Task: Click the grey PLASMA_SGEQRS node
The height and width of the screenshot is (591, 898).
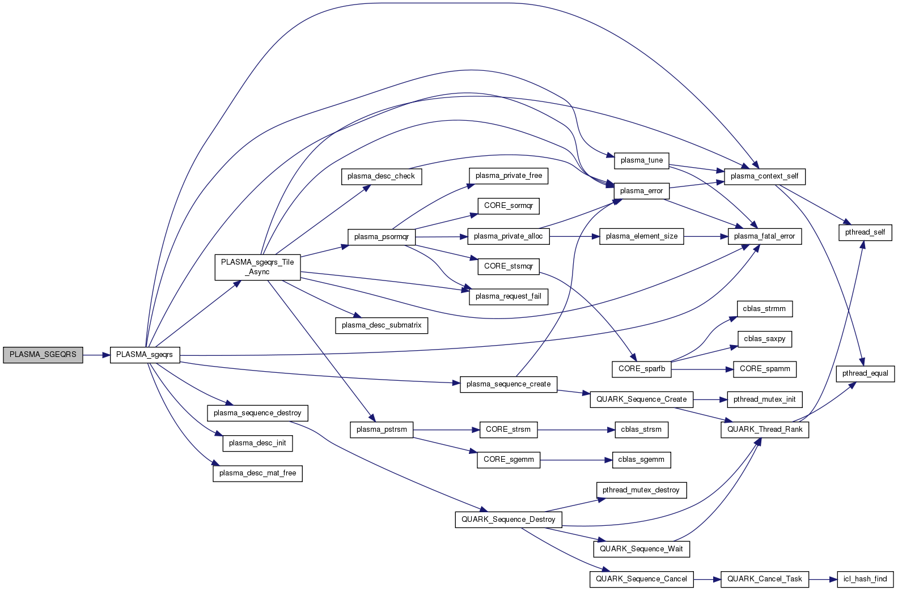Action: click(43, 355)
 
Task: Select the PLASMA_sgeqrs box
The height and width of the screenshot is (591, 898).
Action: click(145, 355)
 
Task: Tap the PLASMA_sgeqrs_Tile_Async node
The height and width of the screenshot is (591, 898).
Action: click(257, 267)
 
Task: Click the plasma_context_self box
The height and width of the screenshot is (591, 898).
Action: click(764, 176)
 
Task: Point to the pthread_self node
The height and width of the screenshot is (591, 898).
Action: click(865, 232)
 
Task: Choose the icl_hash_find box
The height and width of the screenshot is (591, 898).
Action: click(865, 579)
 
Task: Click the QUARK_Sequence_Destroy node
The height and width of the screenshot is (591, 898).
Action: click(509, 520)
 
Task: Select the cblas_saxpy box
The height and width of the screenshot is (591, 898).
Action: click(765, 339)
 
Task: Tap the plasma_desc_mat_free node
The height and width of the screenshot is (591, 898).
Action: click(257, 473)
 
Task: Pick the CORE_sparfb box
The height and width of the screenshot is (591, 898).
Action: click(642, 369)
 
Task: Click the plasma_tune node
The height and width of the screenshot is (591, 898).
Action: click(642, 160)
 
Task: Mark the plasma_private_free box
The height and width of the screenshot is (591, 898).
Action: click(509, 176)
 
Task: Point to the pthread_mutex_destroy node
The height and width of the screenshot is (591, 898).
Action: click(641, 490)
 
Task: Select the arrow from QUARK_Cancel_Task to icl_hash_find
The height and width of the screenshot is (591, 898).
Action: click(823, 579)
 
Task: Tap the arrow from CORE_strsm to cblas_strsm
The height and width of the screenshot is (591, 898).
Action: click(576, 430)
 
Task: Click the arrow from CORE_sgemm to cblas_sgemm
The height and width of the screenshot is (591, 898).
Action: click(576, 460)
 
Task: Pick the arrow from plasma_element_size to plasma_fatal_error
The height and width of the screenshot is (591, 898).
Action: click(706, 236)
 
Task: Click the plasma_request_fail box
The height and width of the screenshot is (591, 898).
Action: click(509, 296)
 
